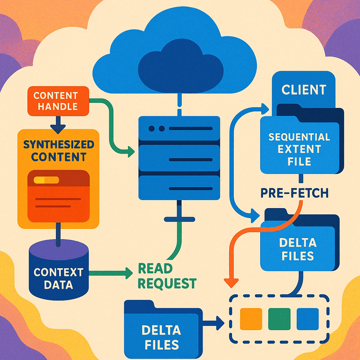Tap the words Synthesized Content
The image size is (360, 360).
[59, 150]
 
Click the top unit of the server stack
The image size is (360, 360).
[180, 128]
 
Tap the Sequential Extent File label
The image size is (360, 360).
[299, 149]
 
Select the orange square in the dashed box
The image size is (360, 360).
[249, 319]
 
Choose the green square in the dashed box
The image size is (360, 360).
[278, 319]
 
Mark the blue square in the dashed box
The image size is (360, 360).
[307, 319]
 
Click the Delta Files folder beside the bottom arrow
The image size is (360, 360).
[160, 330]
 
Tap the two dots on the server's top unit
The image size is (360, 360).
[156, 128]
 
